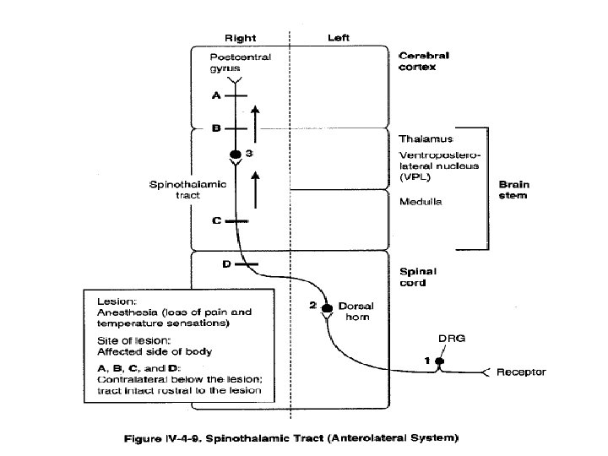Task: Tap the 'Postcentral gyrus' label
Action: click(x=234, y=62)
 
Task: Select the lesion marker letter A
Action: click(x=216, y=96)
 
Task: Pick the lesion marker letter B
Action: click(x=215, y=129)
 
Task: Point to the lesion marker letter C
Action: click(x=215, y=221)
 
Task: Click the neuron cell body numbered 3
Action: click(x=236, y=155)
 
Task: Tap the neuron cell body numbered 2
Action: click(x=328, y=305)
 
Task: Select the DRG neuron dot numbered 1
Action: click(x=439, y=362)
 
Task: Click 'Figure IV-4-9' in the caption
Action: click(x=189, y=438)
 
